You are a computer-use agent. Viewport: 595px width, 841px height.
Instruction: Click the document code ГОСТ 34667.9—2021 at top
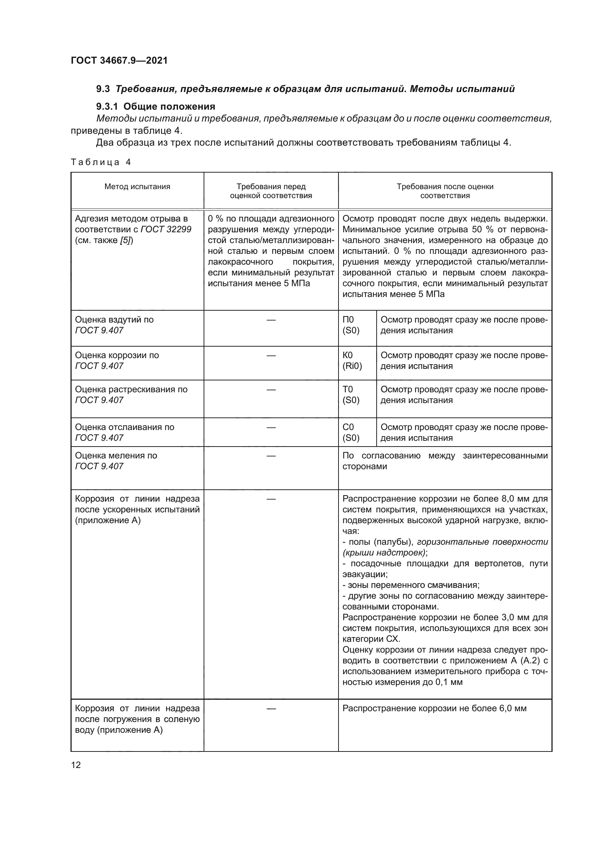click(x=119, y=60)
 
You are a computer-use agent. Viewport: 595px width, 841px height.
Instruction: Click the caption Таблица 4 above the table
click(x=101, y=162)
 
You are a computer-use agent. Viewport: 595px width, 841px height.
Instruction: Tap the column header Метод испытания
click(x=137, y=187)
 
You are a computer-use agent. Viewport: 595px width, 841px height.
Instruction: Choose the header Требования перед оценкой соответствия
click(x=271, y=191)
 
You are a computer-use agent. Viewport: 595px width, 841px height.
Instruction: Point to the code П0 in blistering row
click(x=348, y=320)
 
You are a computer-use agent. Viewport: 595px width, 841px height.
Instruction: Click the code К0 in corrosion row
click(x=348, y=355)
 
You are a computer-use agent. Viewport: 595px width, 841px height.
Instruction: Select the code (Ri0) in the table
click(x=352, y=366)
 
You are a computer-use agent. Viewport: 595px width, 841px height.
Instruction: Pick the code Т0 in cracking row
click(x=348, y=389)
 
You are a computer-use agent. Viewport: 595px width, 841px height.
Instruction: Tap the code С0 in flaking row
click(x=348, y=427)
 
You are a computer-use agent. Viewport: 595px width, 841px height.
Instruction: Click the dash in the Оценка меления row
click(x=271, y=456)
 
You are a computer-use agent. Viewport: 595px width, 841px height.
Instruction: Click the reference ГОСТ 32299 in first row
click(x=166, y=230)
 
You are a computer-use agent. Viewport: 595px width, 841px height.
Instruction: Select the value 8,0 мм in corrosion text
click(x=513, y=499)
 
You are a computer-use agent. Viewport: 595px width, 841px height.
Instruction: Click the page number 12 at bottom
click(x=76, y=765)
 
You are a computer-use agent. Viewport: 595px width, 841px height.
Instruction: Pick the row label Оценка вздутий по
click(x=114, y=320)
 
